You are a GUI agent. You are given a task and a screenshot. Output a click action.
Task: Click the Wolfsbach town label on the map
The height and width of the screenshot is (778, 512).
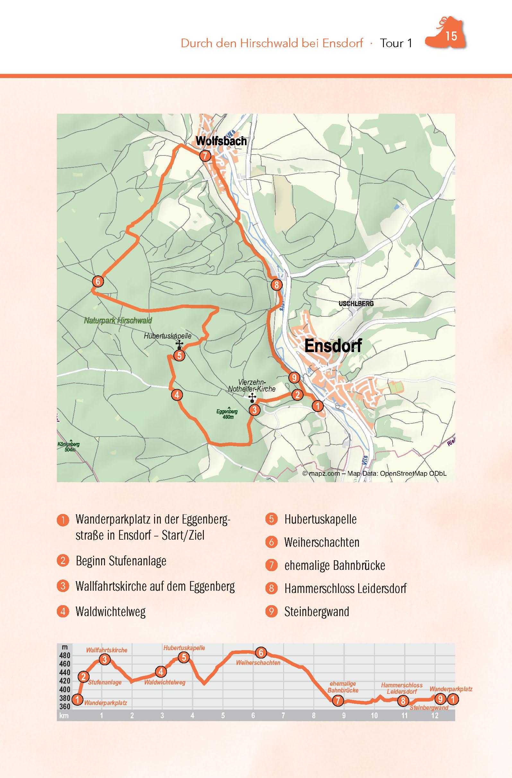[221, 141]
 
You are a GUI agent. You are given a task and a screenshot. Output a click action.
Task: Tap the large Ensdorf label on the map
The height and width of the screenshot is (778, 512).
[333, 346]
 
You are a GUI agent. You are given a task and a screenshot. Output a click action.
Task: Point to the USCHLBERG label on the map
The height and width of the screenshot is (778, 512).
[356, 304]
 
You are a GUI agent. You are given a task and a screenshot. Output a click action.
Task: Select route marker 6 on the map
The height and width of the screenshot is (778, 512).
[97, 281]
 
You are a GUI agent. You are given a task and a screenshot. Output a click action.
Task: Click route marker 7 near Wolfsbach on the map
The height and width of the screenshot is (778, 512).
[205, 156]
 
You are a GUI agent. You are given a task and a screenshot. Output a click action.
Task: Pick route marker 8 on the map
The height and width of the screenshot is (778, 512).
[276, 285]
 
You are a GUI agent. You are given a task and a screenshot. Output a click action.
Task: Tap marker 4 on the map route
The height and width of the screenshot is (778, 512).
[177, 395]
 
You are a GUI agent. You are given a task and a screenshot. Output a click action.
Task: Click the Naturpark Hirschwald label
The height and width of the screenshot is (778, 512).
[118, 320]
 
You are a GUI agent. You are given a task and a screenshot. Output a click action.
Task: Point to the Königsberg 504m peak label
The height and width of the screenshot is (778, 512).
[69, 447]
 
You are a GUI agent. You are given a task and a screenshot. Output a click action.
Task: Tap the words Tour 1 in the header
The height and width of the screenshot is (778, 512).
[396, 43]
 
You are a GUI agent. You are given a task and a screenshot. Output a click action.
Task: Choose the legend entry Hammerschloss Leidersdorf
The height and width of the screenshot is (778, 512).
[345, 588]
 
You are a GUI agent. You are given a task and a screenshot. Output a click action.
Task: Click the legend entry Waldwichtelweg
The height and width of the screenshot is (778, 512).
[110, 612]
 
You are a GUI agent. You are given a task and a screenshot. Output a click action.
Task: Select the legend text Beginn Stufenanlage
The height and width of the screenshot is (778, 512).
[121, 561]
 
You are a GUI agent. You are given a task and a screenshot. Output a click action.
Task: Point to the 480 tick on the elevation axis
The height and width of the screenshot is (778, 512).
[65, 655]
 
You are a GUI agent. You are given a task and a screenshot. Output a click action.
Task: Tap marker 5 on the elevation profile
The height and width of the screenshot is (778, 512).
[184, 657]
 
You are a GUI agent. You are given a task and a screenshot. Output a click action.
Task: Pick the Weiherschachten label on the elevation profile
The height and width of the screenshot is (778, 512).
[258, 663]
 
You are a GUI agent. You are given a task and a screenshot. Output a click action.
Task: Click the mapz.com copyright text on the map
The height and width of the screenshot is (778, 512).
[374, 473]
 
